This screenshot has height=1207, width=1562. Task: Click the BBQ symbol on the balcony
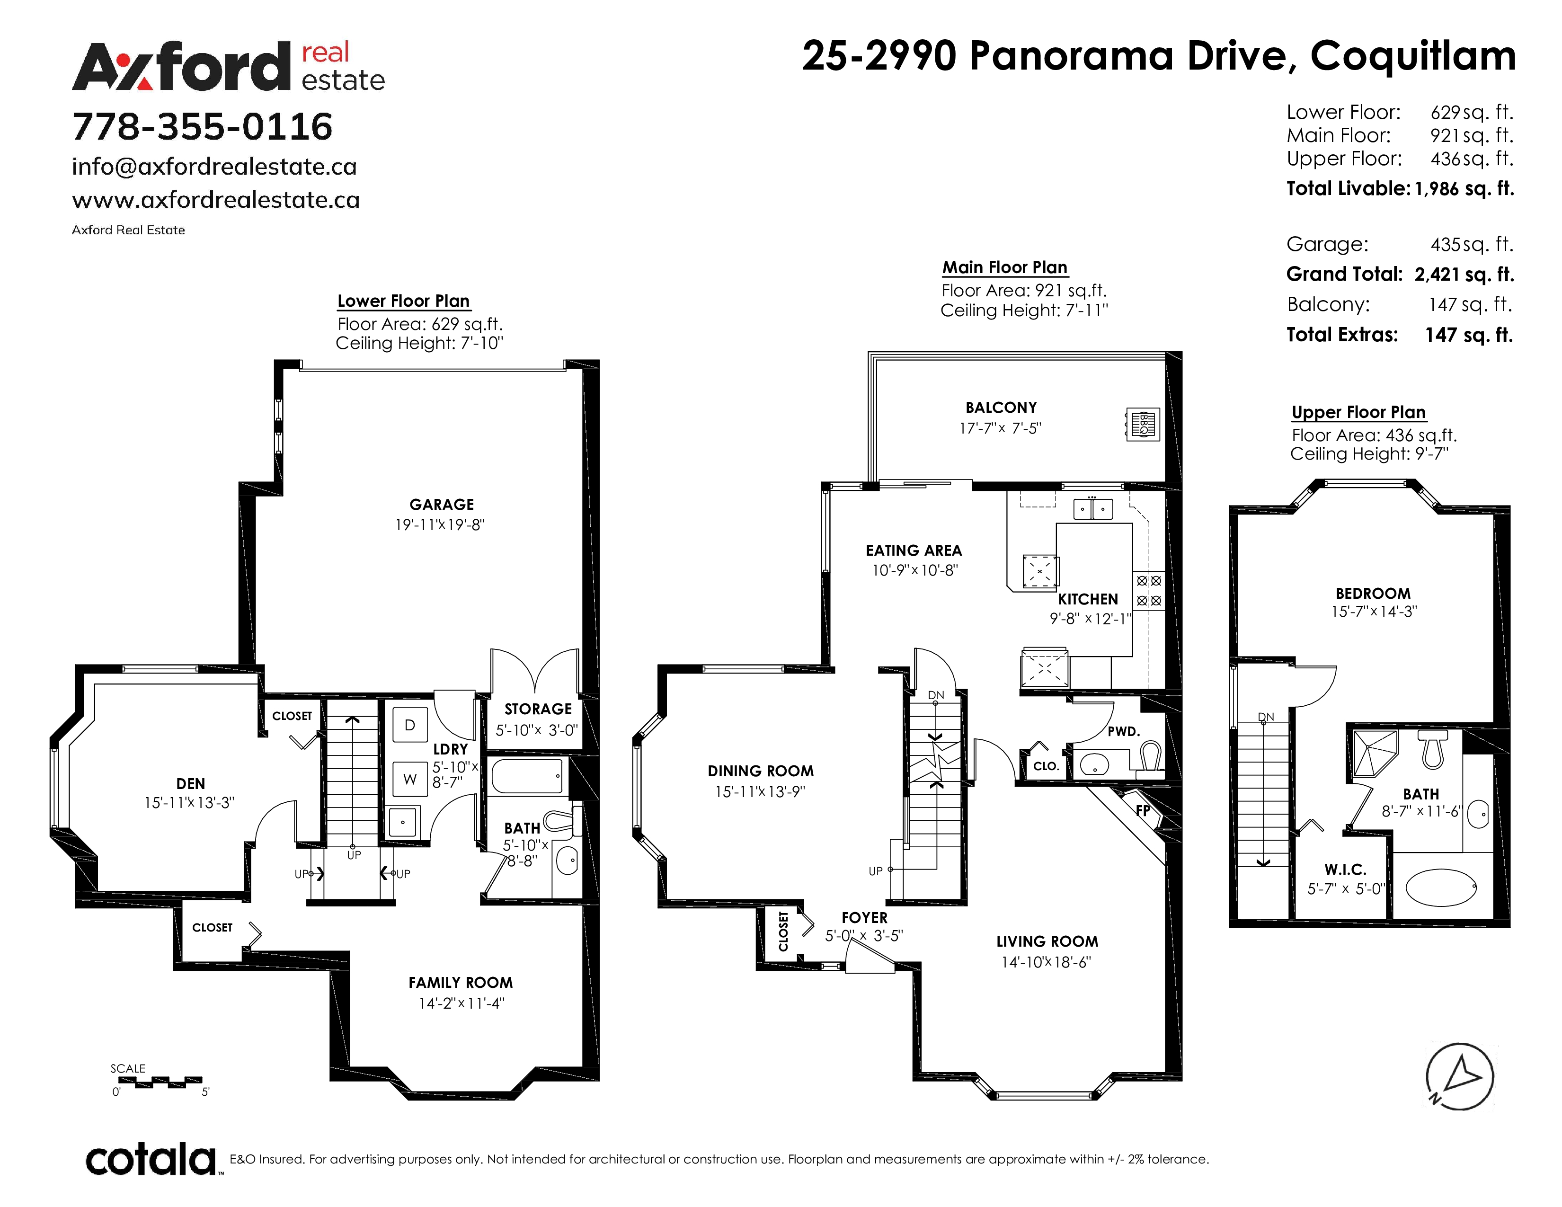click(x=1142, y=424)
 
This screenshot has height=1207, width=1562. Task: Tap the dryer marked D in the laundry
click(x=410, y=724)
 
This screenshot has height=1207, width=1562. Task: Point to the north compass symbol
click(x=1460, y=1076)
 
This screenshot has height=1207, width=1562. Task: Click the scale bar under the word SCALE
click(x=160, y=1081)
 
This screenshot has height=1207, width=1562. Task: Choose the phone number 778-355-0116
click(x=203, y=126)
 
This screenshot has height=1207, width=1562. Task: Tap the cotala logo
click(x=151, y=1159)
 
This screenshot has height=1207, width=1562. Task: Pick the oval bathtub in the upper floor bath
click(x=1441, y=887)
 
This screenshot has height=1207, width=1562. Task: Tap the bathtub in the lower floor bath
click(x=527, y=776)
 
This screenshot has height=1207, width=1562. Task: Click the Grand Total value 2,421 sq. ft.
click(x=1464, y=275)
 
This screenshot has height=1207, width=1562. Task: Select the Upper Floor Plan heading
click(x=1358, y=413)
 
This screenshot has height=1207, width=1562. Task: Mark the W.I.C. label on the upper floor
click(x=1345, y=870)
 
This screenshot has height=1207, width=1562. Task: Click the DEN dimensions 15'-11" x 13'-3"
click(x=189, y=803)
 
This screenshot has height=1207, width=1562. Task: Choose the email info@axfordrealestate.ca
click(x=214, y=167)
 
